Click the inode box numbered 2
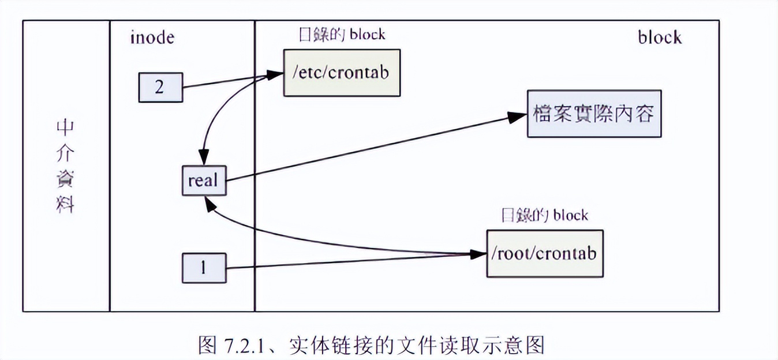(x=160, y=87)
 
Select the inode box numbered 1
(x=204, y=268)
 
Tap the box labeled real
(x=203, y=181)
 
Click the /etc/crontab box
(x=341, y=73)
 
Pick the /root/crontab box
(x=544, y=254)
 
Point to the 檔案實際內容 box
(x=594, y=114)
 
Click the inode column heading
(x=152, y=37)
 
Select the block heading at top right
(x=659, y=37)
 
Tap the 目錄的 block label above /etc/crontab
(x=342, y=34)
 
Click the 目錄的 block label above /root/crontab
(x=545, y=215)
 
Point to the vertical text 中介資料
(x=65, y=167)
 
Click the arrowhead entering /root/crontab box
(x=480, y=254)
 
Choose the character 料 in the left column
(x=65, y=205)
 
